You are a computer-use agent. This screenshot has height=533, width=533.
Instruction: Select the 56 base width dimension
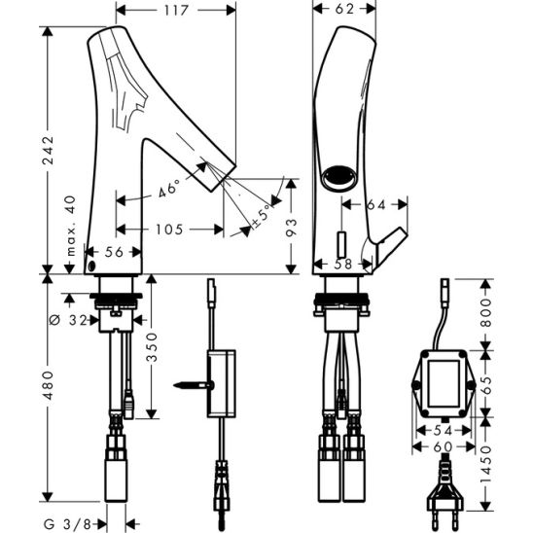pos(115,252)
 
